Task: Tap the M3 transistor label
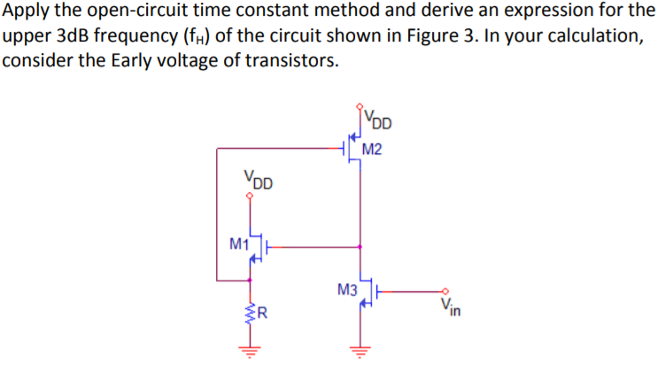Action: click(347, 289)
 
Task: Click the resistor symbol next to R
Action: click(251, 312)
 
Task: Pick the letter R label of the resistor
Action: click(263, 312)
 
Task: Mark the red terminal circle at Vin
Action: click(446, 290)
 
